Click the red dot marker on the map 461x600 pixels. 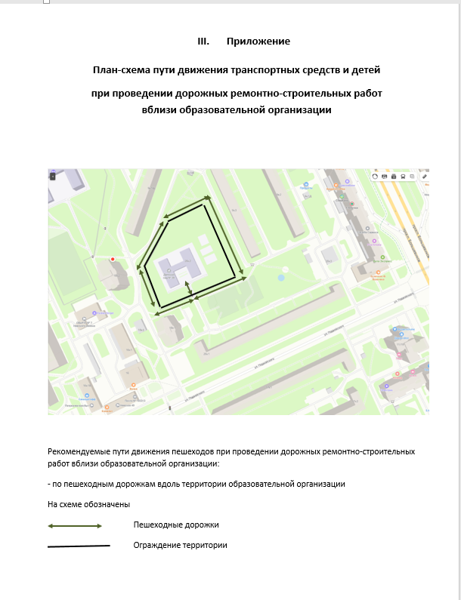113,259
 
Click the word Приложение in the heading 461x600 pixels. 258,41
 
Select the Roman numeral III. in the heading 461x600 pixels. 203,41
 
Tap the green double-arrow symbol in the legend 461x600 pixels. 75,526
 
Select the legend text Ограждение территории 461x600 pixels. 180,545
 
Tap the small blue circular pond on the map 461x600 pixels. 281,278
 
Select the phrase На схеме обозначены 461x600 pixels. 89,503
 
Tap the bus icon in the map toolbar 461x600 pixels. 404,176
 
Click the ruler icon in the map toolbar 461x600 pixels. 424,176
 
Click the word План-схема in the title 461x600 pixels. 119,69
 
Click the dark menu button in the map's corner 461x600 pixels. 52,176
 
